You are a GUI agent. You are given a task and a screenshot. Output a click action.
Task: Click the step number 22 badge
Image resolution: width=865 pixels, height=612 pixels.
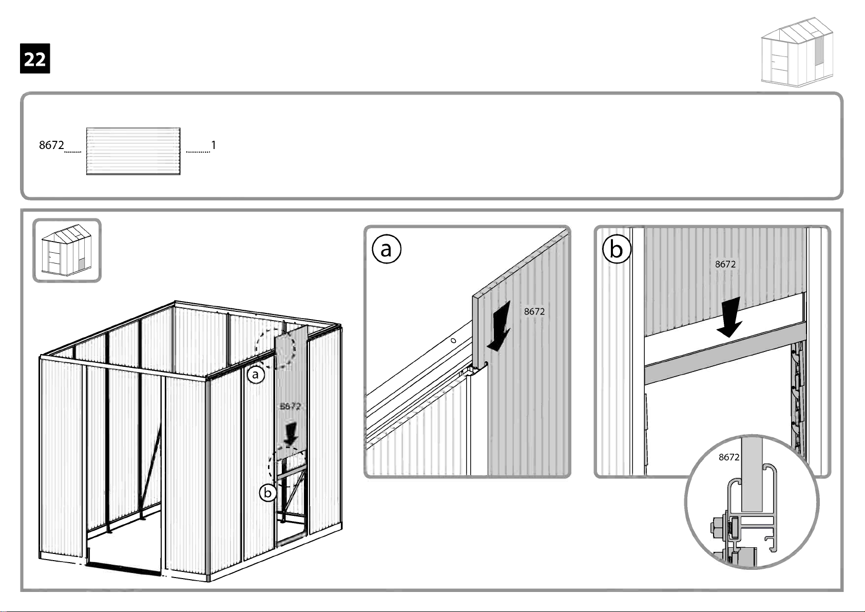click(35, 59)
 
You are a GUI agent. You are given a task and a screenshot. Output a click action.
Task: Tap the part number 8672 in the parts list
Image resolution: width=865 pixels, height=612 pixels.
click(51, 145)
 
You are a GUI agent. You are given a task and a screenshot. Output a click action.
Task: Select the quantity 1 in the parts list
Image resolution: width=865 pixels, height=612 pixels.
click(214, 145)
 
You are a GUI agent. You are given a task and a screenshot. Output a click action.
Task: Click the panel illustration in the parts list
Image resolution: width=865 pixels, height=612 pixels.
click(133, 151)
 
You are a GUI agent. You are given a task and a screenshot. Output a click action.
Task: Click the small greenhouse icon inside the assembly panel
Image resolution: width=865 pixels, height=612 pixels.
click(67, 250)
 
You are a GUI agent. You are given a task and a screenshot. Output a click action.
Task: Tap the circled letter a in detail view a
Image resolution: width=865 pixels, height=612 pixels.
click(386, 249)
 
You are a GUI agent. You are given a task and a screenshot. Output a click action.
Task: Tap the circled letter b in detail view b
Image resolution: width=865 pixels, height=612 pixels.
click(616, 249)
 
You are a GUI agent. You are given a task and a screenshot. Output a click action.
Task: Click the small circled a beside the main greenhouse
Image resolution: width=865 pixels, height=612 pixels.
click(256, 375)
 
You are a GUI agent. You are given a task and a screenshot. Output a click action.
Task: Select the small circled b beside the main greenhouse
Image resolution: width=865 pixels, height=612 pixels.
click(267, 493)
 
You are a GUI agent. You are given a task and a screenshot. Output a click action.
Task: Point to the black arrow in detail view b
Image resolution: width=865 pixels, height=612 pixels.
click(729, 317)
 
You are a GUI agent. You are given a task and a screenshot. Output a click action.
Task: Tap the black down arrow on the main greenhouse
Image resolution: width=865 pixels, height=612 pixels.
click(291, 434)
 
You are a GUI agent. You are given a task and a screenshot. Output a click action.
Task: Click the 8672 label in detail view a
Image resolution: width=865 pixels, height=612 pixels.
click(534, 311)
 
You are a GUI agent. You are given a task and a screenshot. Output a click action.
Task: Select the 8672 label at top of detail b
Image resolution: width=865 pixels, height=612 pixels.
click(725, 264)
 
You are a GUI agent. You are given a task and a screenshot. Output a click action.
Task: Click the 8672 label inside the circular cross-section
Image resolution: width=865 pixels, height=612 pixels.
click(728, 457)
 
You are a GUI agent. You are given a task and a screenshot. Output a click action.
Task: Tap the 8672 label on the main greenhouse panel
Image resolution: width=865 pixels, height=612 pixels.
click(290, 406)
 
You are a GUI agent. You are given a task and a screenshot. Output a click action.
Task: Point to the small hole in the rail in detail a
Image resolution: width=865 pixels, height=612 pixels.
click(453, 341)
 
